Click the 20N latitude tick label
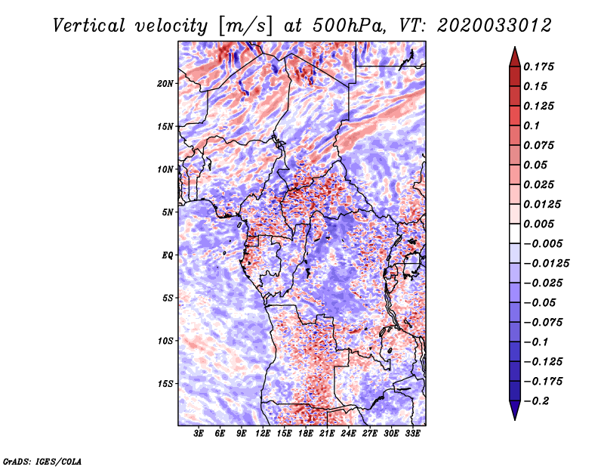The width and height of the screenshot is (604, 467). (165, 84)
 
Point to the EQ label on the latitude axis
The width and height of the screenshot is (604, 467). (167, 255)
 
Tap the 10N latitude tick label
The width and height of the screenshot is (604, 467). (165, 170)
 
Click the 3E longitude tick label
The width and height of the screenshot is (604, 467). (199, 434)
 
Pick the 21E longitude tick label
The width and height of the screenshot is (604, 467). (327, 434)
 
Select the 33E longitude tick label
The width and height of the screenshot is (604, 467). (412, 434)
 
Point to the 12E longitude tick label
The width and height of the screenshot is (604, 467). (262, 434)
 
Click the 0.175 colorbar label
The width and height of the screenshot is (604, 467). (538, 66)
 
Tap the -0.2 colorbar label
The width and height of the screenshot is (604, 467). (536, 401)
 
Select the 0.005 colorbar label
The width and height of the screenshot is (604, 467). (538, 224)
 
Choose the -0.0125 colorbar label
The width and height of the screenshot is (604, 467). (546, 264)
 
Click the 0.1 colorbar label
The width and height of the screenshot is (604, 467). (532, 125)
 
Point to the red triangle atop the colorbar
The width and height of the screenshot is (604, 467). (515, 57)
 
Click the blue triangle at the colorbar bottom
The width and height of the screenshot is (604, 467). (515, 410)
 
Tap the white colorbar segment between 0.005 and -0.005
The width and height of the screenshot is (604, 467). (515, 233)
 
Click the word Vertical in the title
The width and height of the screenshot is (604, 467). (89, 26)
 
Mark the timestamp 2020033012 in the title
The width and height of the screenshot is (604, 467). (495, 26)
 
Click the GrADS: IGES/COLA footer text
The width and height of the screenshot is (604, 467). (42, 461)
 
